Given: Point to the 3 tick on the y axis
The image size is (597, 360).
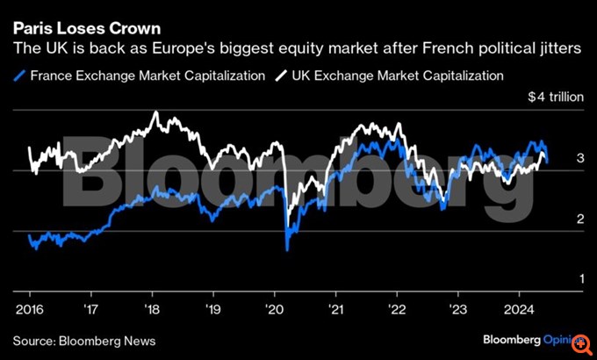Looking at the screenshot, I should [x=579, y=158].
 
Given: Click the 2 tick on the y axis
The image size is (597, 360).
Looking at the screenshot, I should [x=579, y=219].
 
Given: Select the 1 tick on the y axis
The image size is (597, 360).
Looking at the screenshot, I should [x=579, y=279].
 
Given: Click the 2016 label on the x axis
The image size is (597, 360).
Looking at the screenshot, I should [x=30, y=309].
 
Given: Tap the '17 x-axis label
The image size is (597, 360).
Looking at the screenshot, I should [x=91, y=309].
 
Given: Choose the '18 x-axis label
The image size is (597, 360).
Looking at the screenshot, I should [x=152, y=309].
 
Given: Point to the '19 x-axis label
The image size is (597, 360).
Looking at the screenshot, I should [x=212, y=309].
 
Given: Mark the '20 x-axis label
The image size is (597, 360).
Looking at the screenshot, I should [x=274, y=309].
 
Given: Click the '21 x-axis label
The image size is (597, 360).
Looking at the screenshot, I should [x=334, y=309].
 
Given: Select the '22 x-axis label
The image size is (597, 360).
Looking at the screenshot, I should [x=396, y=309].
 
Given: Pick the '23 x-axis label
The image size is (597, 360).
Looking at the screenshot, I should [x=457, y=309].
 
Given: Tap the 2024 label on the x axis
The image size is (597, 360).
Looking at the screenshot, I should [x=517, y=309].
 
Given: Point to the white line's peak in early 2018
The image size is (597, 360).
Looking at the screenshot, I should [x=155, y=112].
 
